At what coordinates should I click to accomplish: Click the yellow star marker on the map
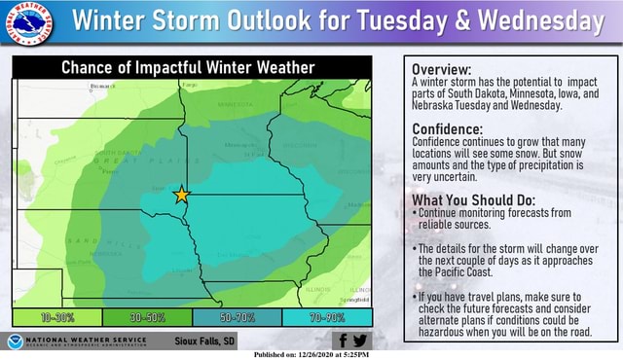(181, 195)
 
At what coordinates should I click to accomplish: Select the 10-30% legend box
(56, 317)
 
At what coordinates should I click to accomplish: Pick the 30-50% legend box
(147, 317)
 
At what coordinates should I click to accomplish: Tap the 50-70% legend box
(237, 317)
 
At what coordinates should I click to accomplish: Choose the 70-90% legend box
(326, 317)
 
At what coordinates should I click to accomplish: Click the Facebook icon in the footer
(341, 340)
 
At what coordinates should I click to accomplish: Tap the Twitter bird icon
(360, 340)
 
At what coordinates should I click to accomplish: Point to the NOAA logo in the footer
(17, 341)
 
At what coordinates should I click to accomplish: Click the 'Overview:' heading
(442, 70)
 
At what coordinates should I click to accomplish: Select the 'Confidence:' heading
(448, 129)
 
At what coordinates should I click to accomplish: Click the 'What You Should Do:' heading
(473, 201)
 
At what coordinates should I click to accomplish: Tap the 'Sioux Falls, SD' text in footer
(204, 341)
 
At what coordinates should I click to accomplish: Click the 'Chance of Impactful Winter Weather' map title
(188, 67)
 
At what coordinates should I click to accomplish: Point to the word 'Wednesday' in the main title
(547, 21)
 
